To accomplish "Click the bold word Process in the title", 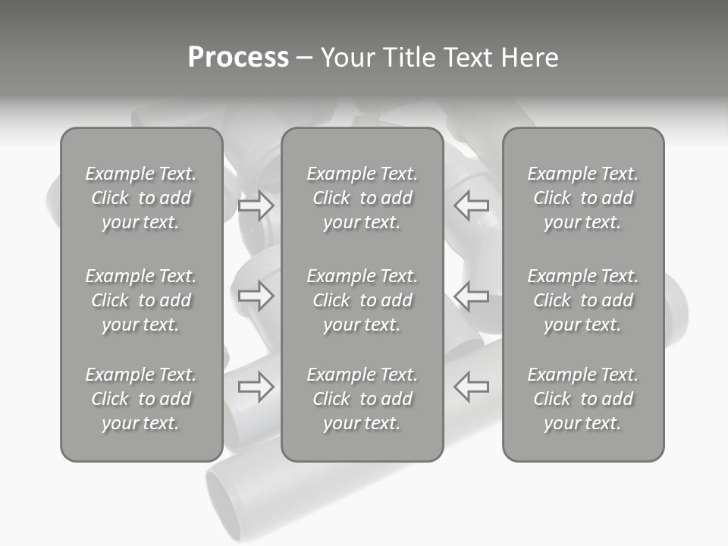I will [x=238, y=58].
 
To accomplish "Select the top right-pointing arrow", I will [x=256, y=206].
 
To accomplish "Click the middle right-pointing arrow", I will [x=256, y=295].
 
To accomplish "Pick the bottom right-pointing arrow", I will [x=256, y=387].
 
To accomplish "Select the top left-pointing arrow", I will [x=471, y=205].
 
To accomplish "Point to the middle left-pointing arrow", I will [x=471, y=295].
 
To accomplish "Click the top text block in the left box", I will [x=141, y=198].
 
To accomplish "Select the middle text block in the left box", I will [x=141, y=300].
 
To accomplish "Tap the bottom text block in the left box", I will [x=141, y=399].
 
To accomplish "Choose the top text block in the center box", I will [x=362, y=198].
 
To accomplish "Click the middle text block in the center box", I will [x=362, y=300].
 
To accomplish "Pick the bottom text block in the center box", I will [x=362, y=399].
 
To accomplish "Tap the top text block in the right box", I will [x=582, y=198].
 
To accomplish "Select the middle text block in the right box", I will [x=582, y=300].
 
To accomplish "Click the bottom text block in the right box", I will [x=582, y=399].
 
